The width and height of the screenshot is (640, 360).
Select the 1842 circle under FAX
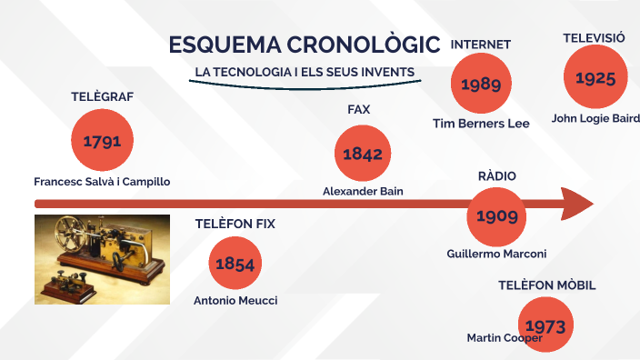[x=362, y=153]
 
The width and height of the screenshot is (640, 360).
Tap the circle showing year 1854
[x=235, y=264]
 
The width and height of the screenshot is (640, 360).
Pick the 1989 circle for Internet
[x=480, y=84]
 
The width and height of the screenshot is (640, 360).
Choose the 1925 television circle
[x=595, y=77]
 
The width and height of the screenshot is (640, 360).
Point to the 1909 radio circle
[x=496, y=215]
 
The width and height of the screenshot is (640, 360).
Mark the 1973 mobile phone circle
[x=546, y=325]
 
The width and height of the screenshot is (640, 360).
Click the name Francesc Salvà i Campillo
[x=102, y=182]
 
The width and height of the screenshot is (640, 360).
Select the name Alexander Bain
[x=363, y=191]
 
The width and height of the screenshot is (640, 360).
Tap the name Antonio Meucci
[x=235, y=300]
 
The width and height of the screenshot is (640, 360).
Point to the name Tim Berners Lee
[x=480, y=124]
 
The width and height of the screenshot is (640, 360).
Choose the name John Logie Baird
[x=595, y=118]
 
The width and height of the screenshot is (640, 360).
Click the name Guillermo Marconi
[x=496, y=254]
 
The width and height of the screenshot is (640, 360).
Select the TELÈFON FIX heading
[x=235, y=223]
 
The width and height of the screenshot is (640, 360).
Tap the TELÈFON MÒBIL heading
[x=546, y=285]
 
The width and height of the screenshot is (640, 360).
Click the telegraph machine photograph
[x=102, y=259]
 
